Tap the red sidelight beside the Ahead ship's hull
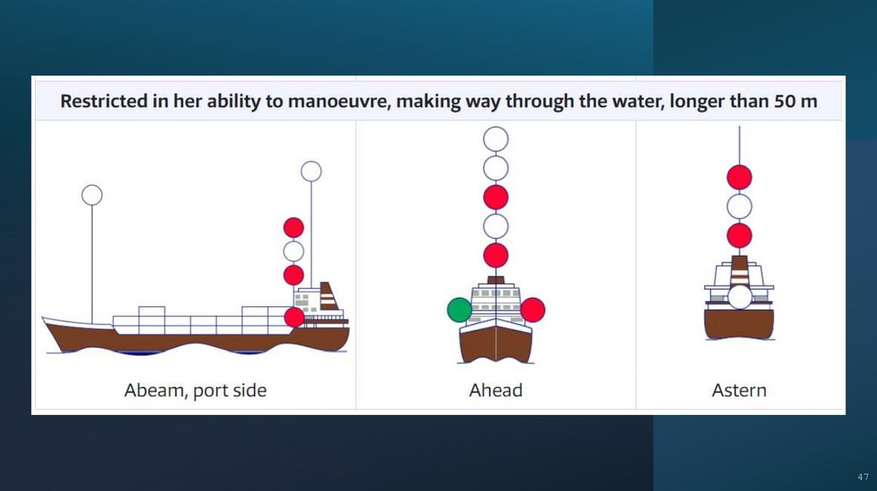coord(533,310)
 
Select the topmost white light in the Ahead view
coord(496,139)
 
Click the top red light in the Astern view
coord(739,177)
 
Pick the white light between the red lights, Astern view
coord(739,206)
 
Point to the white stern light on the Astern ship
coord(739,297)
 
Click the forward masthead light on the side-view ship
coord(92,195)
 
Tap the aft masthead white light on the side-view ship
coord(312,171)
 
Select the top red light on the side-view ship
coord(294,228)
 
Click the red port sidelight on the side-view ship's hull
coord(294,317)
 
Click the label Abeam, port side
coord(195,391)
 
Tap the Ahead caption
coord(496,391)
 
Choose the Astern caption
coord(739,391)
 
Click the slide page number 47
coord(862,476)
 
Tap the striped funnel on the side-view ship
coord(329,296)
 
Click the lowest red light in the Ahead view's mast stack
coord(496,255)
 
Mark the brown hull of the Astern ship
coord(739,323)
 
